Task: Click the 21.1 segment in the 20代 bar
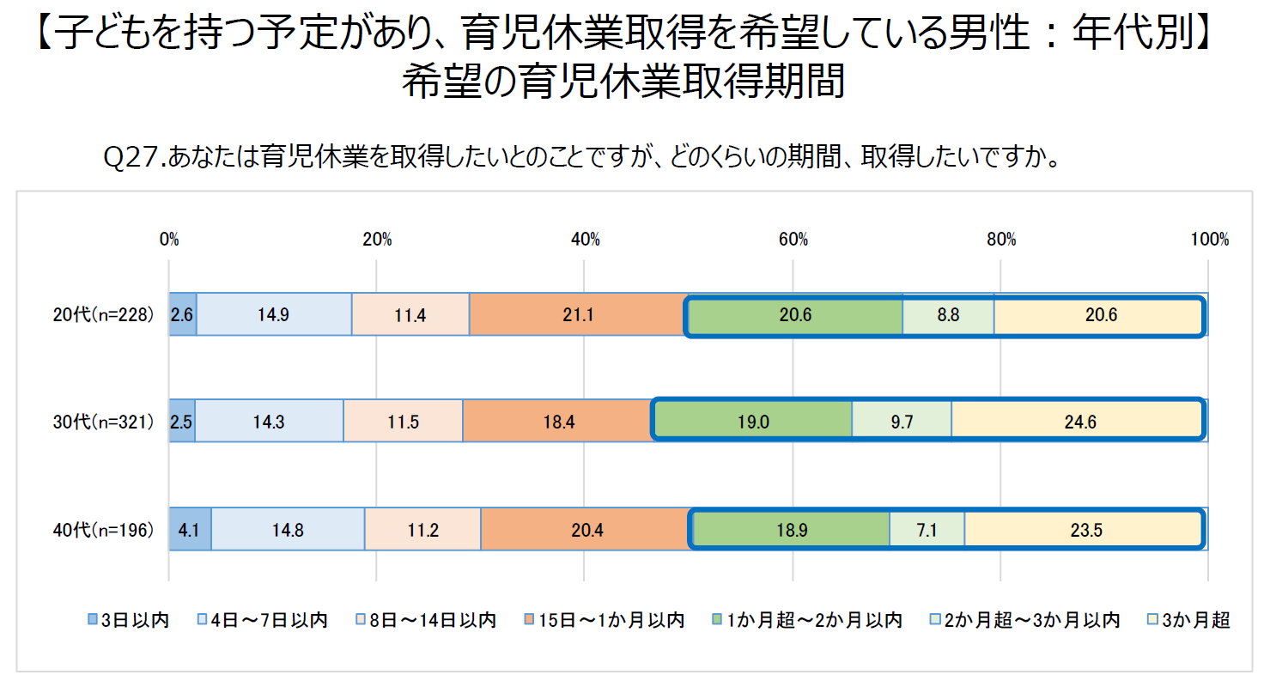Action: coord(577,315)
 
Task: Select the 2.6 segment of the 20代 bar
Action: coord(182,315)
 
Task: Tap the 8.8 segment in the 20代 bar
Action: coord(948,315)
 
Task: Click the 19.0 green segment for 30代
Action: coord(753,423)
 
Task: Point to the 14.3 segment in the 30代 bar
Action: coord(269,423)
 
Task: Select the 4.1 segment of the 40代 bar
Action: coord(190,530)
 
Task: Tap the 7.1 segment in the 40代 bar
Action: coord(927,530)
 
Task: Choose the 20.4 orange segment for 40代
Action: coord(586,530)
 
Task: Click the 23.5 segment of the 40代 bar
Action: coord(1085,530)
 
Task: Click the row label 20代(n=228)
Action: coord(102,315)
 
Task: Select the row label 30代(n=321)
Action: coord(102,423)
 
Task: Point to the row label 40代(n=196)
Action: coord(102,530)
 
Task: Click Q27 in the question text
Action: coord(131,158)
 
